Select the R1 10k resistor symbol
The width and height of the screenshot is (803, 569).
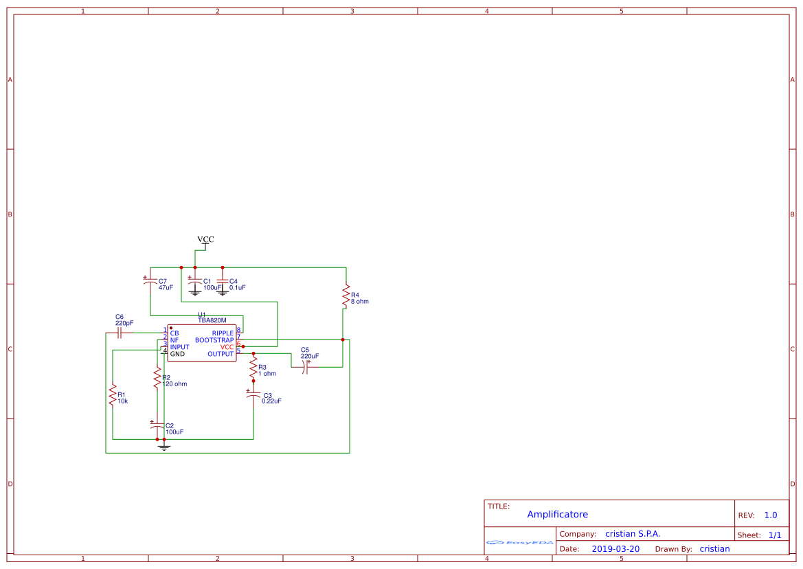[112, 395]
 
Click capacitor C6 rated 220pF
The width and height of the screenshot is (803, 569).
[120, 333]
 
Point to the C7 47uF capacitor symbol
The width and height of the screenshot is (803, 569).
[150, 282]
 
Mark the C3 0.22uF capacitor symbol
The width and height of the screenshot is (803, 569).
[253, 395]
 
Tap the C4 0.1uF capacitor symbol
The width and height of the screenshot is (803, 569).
[222, 282]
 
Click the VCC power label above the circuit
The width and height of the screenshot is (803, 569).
[205, 240]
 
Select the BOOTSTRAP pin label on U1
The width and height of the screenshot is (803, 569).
[214, 340]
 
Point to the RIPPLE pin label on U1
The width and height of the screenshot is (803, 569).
[223, 333]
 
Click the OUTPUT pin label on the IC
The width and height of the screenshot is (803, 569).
[220, 354]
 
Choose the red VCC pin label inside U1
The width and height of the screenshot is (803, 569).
[227, 347]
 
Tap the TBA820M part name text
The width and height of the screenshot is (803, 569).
[212, 321]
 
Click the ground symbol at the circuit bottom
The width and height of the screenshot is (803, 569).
[163, 447]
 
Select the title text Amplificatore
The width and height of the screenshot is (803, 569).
[557, 515]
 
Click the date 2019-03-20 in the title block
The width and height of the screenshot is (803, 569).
[615, 549]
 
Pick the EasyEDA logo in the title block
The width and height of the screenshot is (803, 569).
[520, 542]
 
